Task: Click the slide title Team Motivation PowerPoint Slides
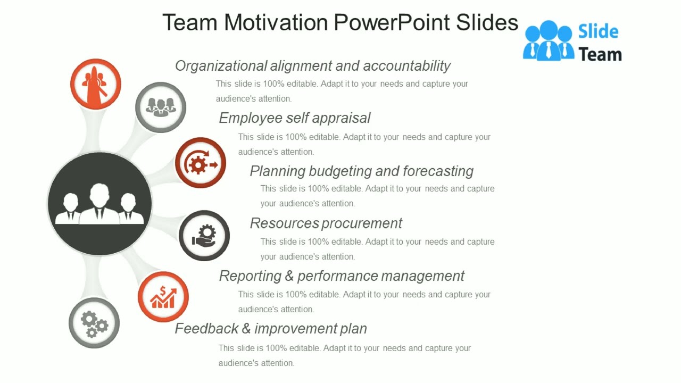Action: coord(340,23)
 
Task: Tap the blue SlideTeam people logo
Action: coord(549,40)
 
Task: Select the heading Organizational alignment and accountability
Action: coord(313,66)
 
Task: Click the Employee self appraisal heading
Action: coord(295,118)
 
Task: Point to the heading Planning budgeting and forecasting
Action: coord(362,171)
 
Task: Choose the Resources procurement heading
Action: coord(326,223)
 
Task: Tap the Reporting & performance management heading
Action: coord(342,276)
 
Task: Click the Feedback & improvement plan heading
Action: coord(271,329)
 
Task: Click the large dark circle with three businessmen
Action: coord(99,204)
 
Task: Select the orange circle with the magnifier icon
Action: coord(96,84)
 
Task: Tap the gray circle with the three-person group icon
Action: coord(161,107)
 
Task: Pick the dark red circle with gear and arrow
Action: coord(201,163)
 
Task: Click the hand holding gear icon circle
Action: coord(204,236)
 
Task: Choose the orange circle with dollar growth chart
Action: coord(163,297)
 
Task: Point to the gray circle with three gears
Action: coord(94,323)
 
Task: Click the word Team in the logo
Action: coord(600,54)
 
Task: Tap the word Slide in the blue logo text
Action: coord(598,32)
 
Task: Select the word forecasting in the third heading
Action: coord(438,171)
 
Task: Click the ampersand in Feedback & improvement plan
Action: coord(246,329)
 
